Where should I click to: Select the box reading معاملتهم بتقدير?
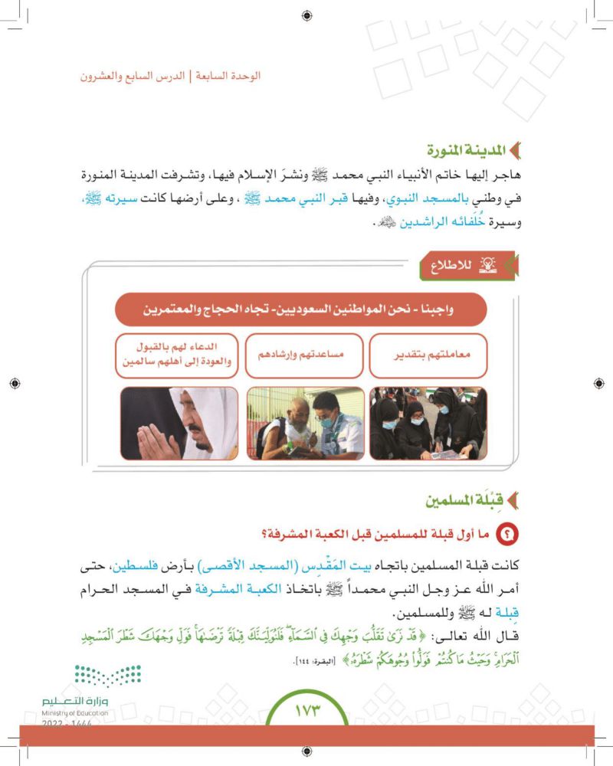click(x=428, y=356)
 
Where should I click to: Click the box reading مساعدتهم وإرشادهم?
click(x=305, y=356)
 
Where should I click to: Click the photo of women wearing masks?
click(x=428, y=423)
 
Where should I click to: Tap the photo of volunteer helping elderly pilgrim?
click(x=305, y=423)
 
